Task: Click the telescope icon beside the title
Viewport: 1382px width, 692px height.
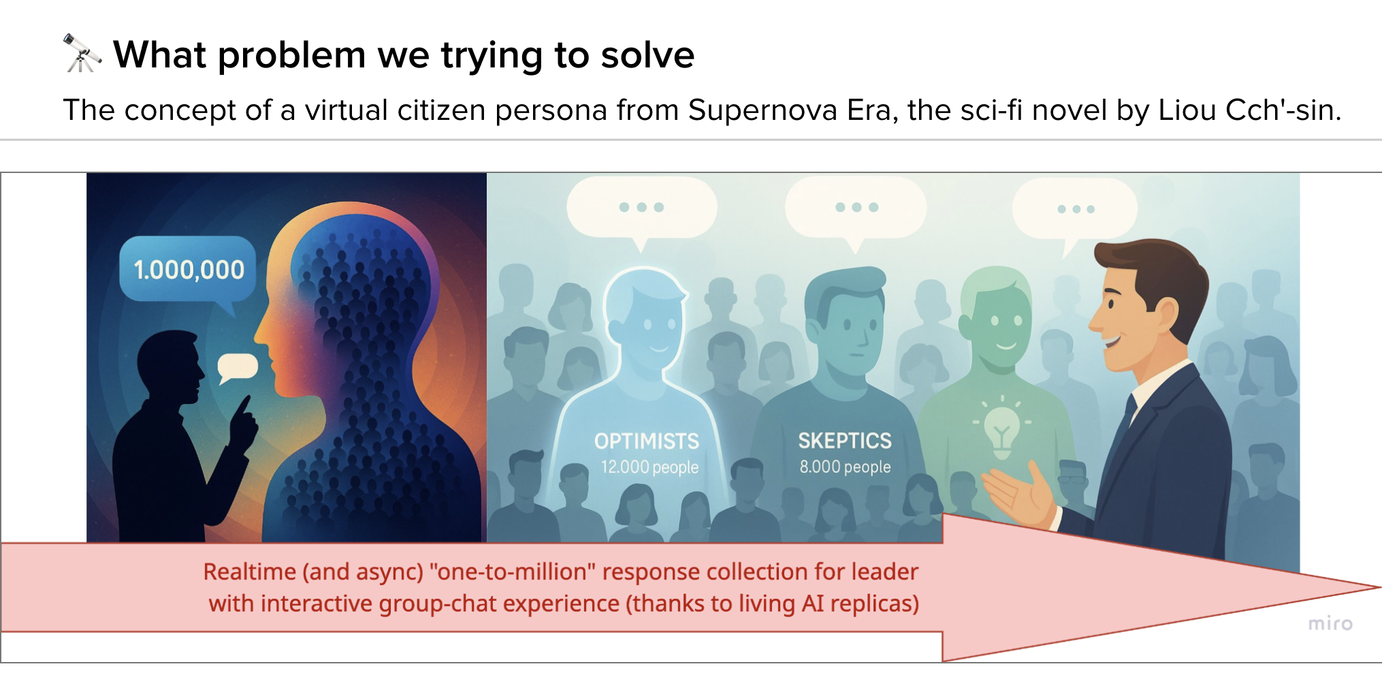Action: click(x=82, y=53)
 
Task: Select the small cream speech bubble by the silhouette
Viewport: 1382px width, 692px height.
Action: click(x=237, y=368)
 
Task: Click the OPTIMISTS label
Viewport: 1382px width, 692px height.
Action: click(x=647, y=441)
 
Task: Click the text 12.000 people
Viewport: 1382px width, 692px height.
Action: click(x=649, y=467)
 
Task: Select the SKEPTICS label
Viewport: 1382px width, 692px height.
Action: click(x=845, y=441)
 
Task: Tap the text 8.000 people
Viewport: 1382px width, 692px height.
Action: click(x=845, y=467)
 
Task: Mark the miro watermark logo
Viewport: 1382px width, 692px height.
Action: click(x=1330, y=623)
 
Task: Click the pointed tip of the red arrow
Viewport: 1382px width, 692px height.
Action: click(x=1379, y=587)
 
